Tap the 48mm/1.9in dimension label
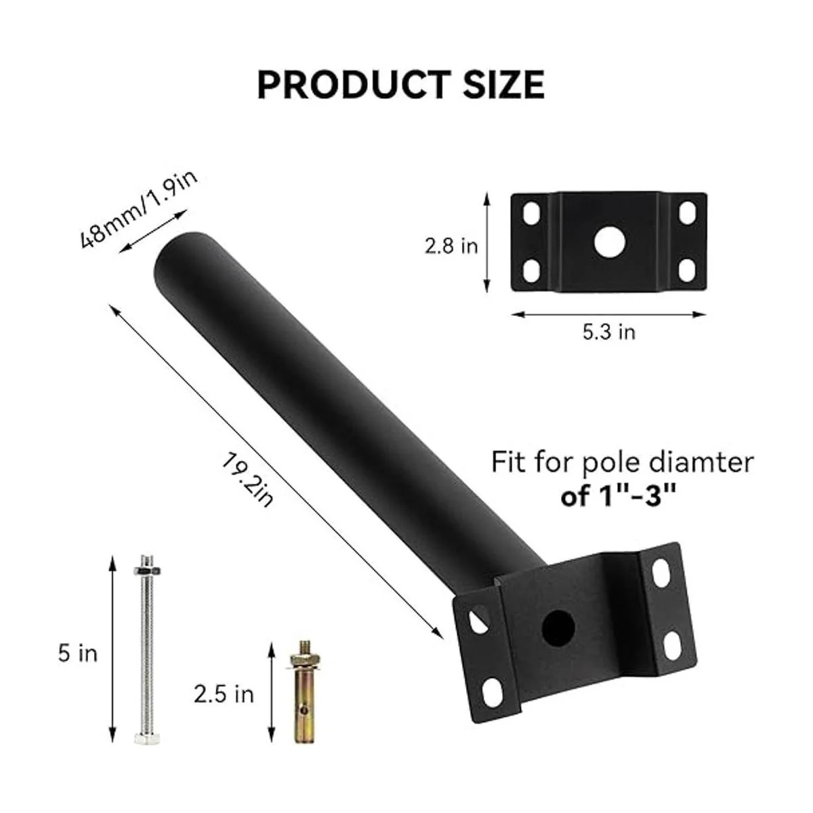coord(138,209)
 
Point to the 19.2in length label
coord(248,480)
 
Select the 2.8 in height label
coord(451,246)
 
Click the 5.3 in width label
coord(609,332)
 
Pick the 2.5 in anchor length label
coord(224,694)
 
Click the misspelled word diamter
coord(701,462)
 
